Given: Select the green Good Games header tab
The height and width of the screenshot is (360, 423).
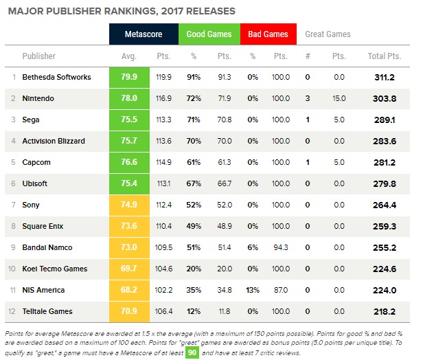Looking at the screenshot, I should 209,34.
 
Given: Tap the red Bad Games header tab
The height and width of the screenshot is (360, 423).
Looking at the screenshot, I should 268,34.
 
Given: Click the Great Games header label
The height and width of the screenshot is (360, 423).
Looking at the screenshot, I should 327,34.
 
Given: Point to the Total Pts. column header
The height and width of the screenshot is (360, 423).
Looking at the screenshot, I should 385,56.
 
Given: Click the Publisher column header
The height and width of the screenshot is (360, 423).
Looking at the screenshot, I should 39,56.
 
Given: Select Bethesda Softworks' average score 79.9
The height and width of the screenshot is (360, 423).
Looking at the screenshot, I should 130,77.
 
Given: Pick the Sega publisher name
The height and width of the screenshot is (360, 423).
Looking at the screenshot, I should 32,120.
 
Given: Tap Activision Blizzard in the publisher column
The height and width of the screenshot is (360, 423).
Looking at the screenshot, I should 54,141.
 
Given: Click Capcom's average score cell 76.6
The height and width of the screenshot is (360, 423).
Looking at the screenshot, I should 130,162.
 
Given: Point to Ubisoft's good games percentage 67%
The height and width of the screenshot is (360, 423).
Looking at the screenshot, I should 194,183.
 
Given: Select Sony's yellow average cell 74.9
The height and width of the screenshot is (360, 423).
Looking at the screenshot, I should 130,204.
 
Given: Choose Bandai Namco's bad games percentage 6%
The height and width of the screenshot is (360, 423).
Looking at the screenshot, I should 253,247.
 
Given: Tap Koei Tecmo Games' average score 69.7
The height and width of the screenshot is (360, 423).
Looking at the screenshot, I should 130,268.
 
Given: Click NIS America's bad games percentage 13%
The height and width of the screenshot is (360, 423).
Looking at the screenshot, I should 253,289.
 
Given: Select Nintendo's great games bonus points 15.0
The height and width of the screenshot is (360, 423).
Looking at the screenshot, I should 339,98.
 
